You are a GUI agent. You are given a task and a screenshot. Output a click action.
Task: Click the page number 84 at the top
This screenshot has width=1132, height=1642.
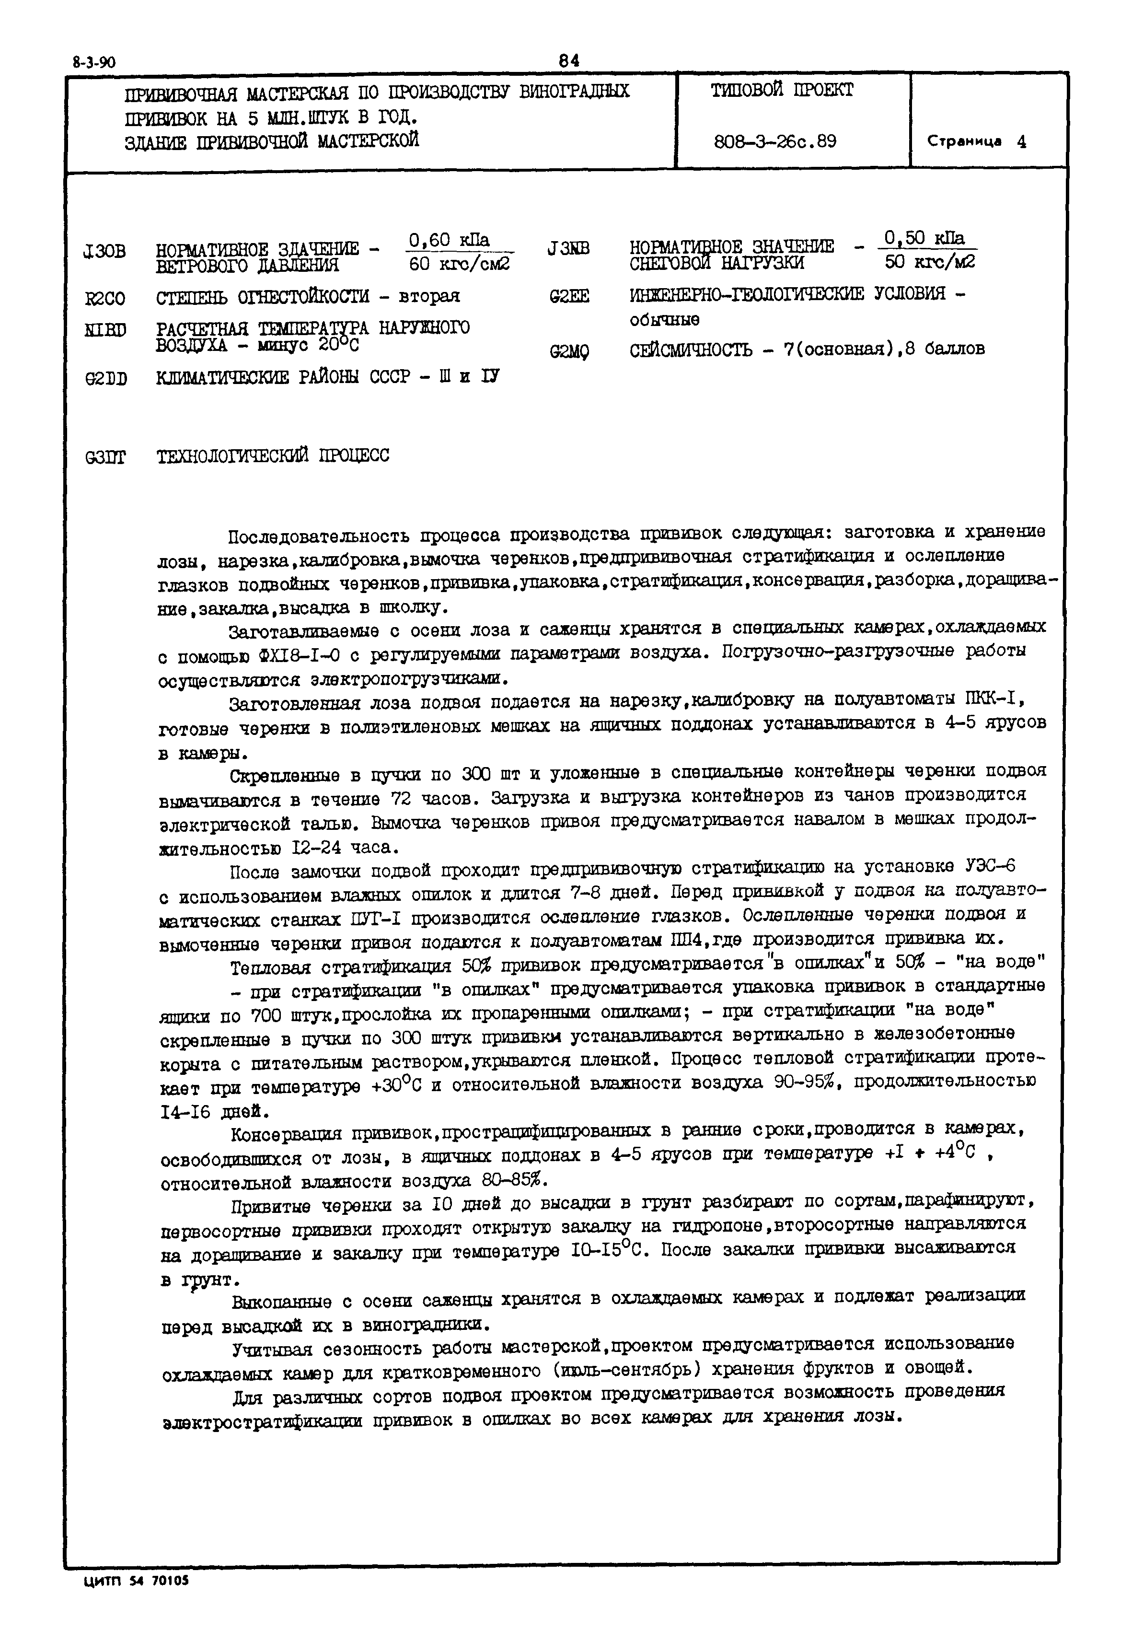click(x=569, y=61)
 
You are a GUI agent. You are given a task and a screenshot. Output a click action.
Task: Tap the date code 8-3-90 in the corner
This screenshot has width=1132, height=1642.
click(x=94, y=62)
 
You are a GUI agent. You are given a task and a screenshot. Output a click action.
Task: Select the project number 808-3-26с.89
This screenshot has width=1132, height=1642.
click(x=775, y=142)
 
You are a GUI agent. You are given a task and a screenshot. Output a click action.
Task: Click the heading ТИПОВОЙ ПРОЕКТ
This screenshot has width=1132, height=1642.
click(x=782, y=91)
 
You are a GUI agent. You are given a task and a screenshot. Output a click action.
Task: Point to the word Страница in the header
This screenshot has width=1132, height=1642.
click(x=965, y=142)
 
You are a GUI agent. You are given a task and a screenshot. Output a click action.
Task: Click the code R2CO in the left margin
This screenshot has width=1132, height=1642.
click(x=105, y=299)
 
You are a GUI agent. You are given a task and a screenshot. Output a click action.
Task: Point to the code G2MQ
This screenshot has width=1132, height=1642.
click(x=569, y=352)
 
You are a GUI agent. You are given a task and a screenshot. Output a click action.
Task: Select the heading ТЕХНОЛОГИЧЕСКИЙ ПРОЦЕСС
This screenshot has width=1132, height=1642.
click(x=273, y=455)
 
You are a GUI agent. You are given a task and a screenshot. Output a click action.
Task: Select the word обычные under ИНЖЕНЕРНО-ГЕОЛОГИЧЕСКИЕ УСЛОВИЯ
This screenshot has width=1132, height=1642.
click(x=665, y=320)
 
